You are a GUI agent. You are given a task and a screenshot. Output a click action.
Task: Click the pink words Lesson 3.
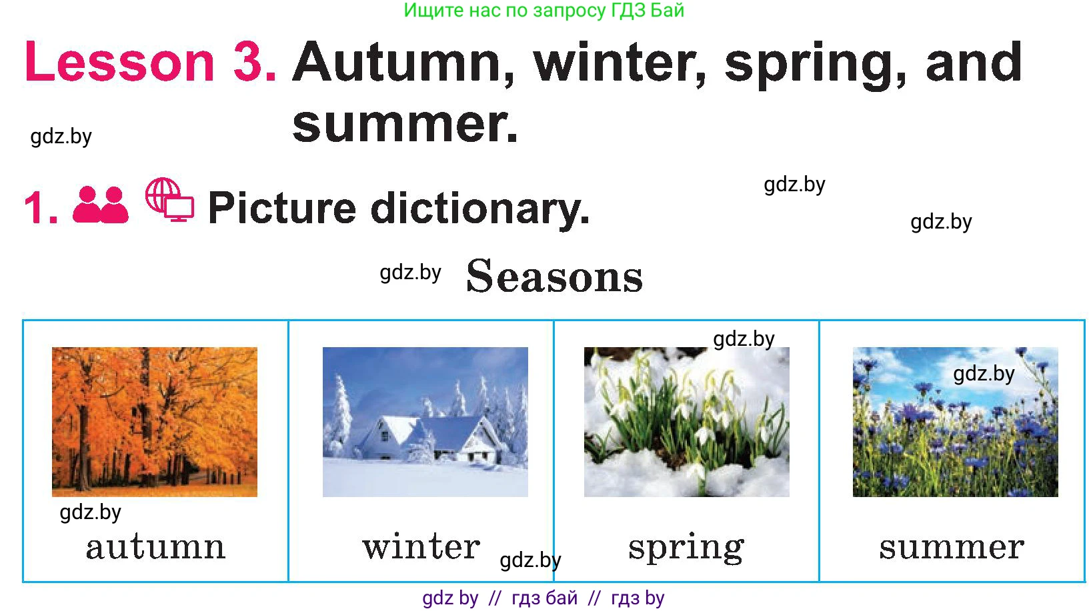click(151, 62)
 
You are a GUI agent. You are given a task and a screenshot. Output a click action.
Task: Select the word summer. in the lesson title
click(405, 125)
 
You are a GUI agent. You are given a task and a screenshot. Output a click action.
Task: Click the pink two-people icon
click(101, 205)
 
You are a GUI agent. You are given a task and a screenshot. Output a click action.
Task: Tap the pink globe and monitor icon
click(169, 199)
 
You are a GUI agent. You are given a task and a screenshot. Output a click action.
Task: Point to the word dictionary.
click(480, 209)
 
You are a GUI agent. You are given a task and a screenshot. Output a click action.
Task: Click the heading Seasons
click(554, 276)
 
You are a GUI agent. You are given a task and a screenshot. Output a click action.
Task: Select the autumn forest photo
click(155, 422)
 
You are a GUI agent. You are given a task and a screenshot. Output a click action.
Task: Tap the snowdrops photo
click(686, 422)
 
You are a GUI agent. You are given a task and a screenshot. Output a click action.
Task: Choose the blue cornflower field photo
click(956, 422)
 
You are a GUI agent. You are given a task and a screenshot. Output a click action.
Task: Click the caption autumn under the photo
click(155, 548)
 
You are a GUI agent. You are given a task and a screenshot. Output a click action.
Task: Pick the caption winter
click(421, 546)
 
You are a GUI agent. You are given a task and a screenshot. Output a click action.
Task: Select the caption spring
click(686, 549)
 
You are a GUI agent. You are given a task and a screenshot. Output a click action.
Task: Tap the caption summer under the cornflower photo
click(952, 548)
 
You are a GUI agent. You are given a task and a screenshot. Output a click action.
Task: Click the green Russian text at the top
click(544, 10)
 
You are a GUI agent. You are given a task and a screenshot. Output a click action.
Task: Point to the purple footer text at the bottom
click(543, 598)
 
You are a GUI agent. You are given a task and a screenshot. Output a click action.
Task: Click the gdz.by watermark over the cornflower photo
click(984, 374)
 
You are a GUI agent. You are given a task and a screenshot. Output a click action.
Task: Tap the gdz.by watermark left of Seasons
click(410, 273)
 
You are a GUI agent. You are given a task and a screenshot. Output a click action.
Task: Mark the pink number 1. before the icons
click(41, 208)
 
